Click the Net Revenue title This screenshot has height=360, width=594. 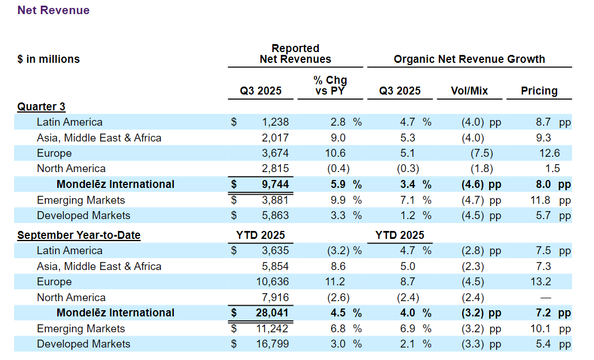(53, 10)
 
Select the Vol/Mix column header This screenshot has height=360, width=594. (469, 91)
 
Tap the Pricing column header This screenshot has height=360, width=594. (539, 91)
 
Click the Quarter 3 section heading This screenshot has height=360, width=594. (41, 106)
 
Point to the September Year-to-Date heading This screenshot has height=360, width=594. (79, 235)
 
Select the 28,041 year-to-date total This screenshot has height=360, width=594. (272, 312)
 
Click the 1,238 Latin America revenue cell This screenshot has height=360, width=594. (276, 122)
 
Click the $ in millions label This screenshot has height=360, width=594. (49, 59)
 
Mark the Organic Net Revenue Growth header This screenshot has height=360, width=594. (469, 59)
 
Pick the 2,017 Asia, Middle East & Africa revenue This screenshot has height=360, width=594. (276, 138)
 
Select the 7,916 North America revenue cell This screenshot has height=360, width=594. (276, 297)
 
